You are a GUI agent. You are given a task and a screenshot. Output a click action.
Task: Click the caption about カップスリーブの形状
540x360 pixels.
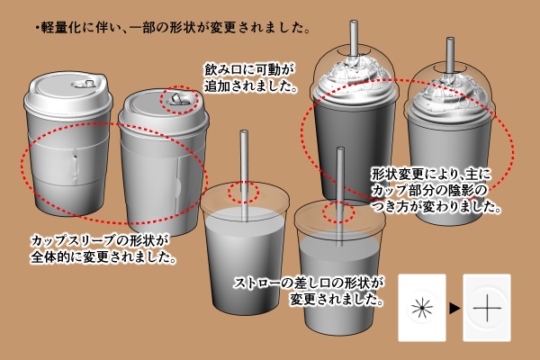pyautogui.click(x=101, y=250)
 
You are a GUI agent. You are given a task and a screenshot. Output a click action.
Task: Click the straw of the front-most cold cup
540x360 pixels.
pyautogui.click(x=340, y=180)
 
